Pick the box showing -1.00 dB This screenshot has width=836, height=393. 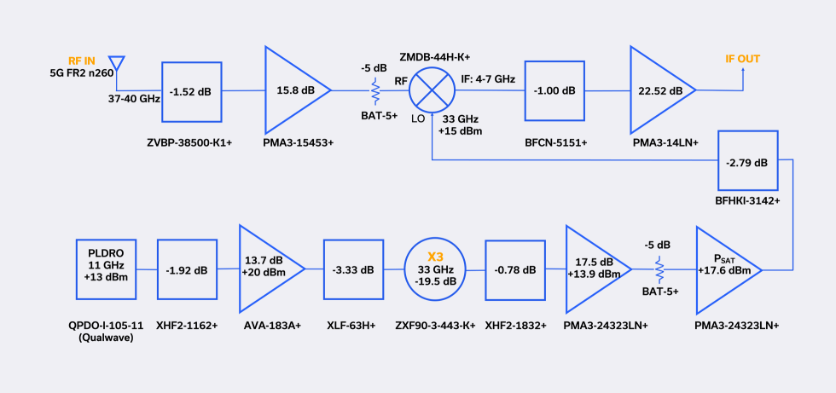(x=555, y=90)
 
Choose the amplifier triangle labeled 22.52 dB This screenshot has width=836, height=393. (x=657, y=90)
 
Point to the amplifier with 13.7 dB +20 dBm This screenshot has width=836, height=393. (x=266, y=269)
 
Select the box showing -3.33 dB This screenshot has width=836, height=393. (x=351, y=269)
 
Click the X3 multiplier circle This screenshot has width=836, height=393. (x=435, y=269)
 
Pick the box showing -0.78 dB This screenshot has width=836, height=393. (x=514, y=269)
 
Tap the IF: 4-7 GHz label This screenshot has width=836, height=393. (x=487, y=78)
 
